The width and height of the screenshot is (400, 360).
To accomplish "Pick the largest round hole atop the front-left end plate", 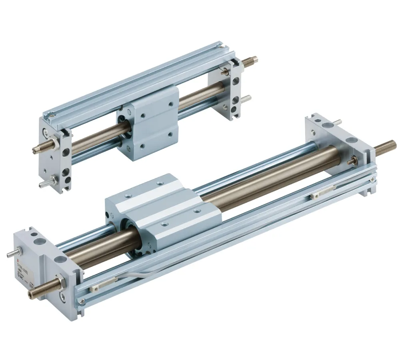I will tap(40, 242).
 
